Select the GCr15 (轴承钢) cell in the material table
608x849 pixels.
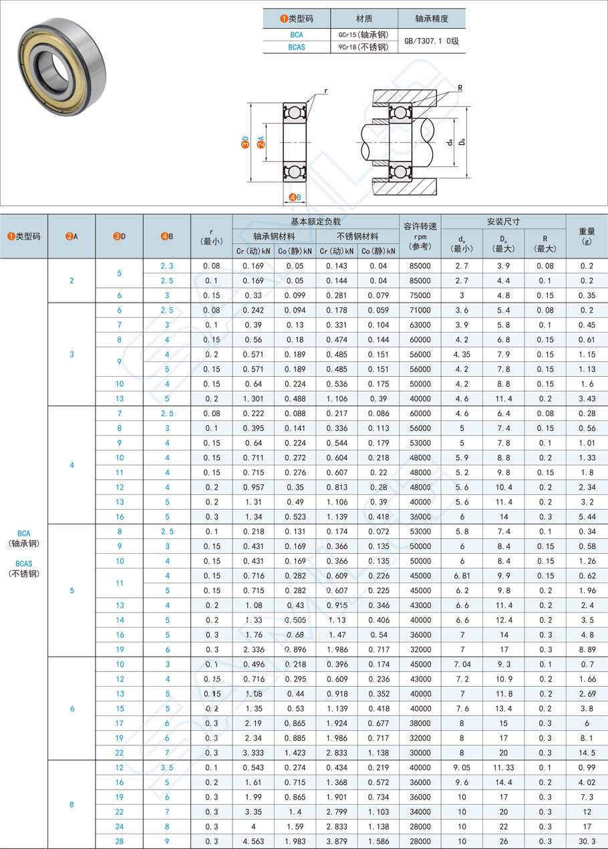[x=364, y=34]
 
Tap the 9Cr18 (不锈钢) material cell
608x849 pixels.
[x=364, y=47]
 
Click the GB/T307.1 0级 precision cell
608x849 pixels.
[x=432, y=41]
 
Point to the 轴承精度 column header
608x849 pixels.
[x=432, y=19]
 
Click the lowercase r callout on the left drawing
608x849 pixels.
[x=326, y=91]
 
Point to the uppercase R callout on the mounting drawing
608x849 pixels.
[x=460, y=88]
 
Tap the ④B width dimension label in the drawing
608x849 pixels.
[x=295, y=197]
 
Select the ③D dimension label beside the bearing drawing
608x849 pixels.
[x=245, y=142]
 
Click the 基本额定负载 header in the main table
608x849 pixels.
[x=315, y=221]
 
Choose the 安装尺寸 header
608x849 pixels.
[x=504, y=221]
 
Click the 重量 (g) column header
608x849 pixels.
[x=587, y=236]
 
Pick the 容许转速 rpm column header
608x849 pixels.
[x=420, y=236]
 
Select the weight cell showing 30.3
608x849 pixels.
[x=587, y=842]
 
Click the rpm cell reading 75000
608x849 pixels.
[x=420, y=295]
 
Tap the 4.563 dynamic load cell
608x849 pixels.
[x=253, y=842]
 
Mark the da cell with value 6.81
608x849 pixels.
[x=462, y=576]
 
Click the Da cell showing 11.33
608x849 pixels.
[x=504, y=768]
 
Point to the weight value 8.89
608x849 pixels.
[x=587, y=649]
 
